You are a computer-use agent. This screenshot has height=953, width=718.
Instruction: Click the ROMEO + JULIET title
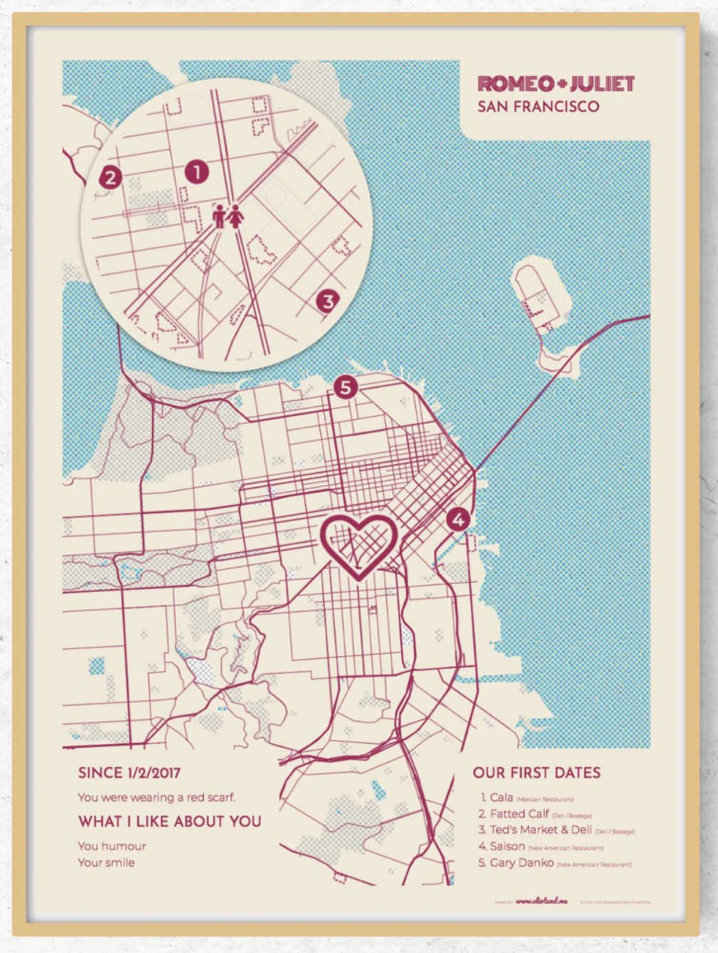pyautogui.click(x=556, y=84)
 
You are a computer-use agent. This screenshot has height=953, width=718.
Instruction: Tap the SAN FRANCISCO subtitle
pyautogui.click(x=538, y=107)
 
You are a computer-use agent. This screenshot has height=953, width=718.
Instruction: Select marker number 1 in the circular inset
pyautogui.click(x=197, y=172)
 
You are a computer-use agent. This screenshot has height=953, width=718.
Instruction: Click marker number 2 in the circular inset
pyautogui.click(x=110, y=177)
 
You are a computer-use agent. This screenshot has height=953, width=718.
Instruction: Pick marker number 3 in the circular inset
pyautogui.click(x=328, y=301)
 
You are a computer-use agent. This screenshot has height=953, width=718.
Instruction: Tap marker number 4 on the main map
pyautogui.click(x=458, y=519)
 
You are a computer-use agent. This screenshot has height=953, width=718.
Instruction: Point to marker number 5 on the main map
pyautogui.click(x=345, y=387)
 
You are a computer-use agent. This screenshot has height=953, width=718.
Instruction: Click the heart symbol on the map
pyautogui.click(x=358, y=545)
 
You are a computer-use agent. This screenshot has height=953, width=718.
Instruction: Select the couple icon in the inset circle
pyautogui.click(x=228, y=216)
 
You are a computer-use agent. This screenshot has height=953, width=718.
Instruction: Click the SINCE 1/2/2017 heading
pyautogui.click(x=129, y=773)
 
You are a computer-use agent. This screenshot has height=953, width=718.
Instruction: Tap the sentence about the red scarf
pyautogui.click(x=156, y=797)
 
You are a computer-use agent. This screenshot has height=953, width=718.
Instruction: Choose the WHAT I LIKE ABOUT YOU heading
pyautogui.click(x=170, y=821)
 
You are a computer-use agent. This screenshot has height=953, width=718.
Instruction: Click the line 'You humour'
pyautogui.click(x=112, y=846)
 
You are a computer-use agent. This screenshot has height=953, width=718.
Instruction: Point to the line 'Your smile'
pyautogui.click(x=106, y=863)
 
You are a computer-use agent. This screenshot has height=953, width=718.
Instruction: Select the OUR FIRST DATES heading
pyautogui.click(x=536, y=773)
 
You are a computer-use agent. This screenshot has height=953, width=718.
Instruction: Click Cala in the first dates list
pyautogui.click(x=501, y=798)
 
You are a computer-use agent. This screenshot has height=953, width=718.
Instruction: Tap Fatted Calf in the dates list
pyautogui.click(x=519, y=813)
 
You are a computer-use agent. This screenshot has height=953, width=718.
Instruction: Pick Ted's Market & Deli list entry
pyautogui.click(x=541, y=830)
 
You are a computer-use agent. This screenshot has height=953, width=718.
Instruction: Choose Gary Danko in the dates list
pyautogui.click(x=521, y=863)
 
